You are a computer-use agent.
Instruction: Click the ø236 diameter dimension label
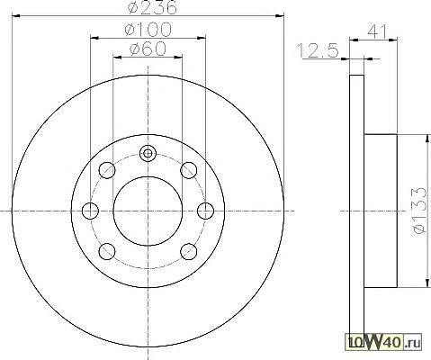152,7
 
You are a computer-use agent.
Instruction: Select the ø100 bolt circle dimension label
148,30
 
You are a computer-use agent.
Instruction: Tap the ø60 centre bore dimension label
148,49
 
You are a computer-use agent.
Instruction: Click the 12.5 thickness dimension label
318,50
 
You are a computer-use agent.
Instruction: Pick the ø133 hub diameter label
419,211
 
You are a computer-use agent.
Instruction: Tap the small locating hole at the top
148,154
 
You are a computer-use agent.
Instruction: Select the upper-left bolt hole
107,170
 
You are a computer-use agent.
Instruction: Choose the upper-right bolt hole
189,170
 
